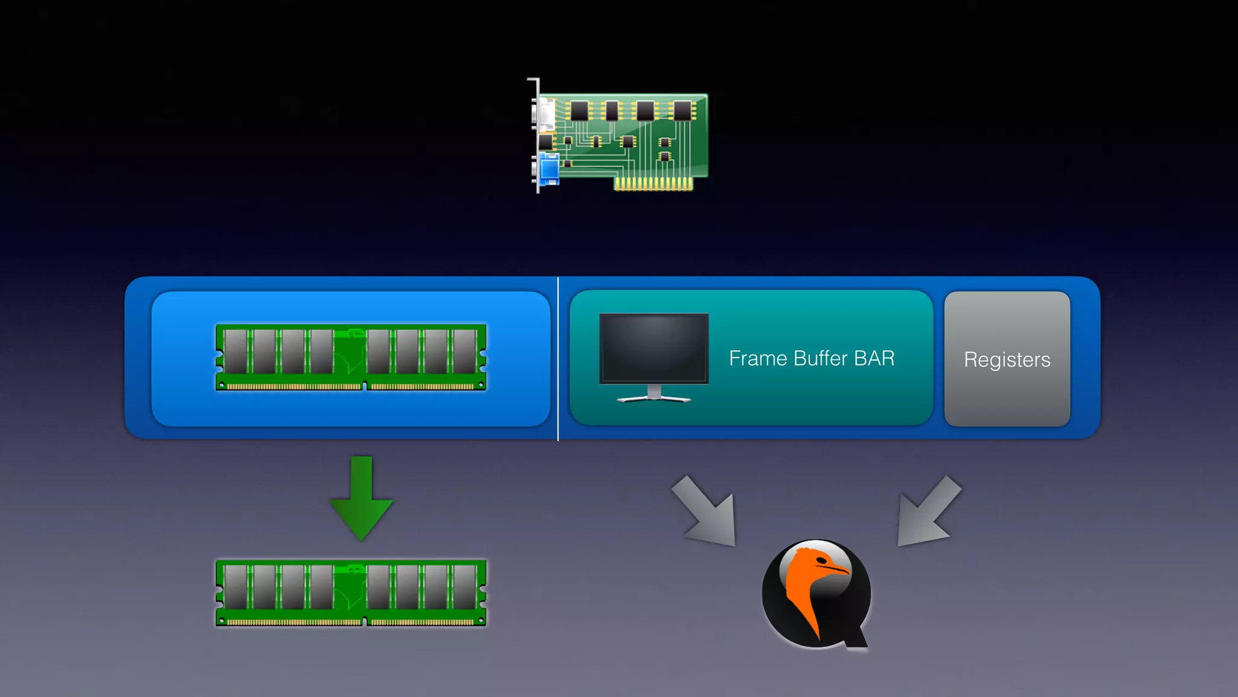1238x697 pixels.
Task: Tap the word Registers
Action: point(1007,360)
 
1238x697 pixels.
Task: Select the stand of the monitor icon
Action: point(653,395)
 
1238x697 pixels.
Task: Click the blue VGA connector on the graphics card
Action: point(549,169)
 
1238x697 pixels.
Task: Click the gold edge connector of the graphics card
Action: point(653,183)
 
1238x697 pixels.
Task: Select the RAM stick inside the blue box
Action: point(351,358)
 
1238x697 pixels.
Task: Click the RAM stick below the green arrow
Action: point(351,593)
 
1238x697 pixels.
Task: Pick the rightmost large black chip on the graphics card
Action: point(682,111)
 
